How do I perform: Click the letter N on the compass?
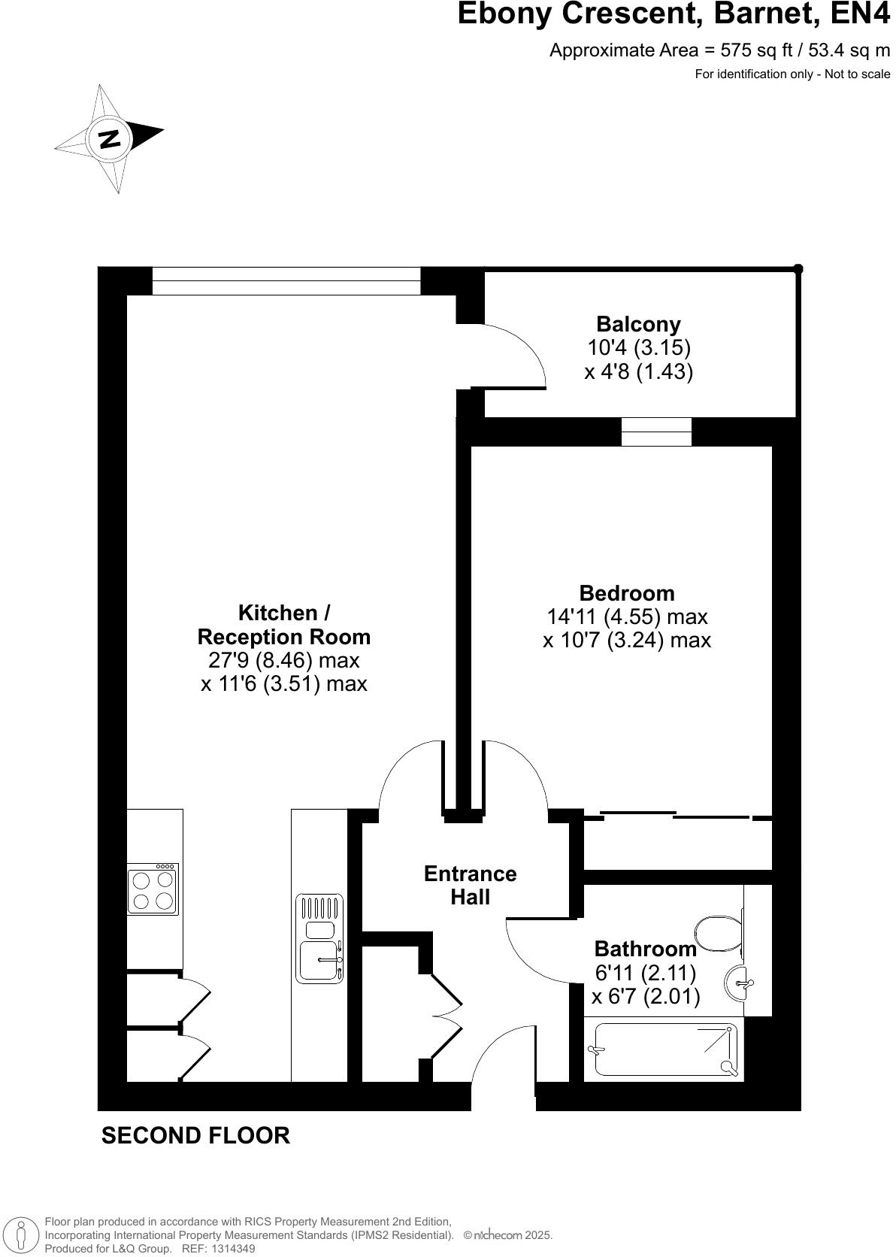tap(110, 139)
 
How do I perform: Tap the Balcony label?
tap(638, 324)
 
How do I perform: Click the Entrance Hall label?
tap(471, 885)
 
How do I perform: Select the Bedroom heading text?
tap(626, 592)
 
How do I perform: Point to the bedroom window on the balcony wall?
tap(656, 432)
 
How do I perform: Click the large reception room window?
tap(286, 281)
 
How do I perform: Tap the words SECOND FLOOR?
tap(195, 1135)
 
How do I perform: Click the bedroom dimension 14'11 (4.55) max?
tap(626, 617)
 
